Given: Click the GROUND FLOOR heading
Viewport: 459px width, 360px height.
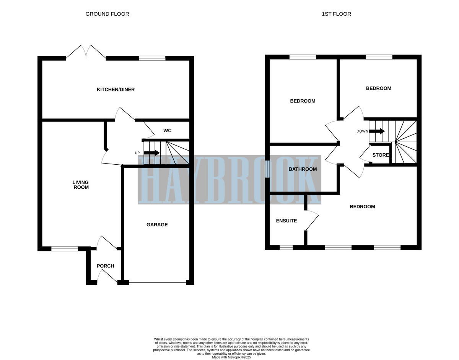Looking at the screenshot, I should (107, 14).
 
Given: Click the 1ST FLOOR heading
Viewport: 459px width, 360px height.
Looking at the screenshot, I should (336, 14).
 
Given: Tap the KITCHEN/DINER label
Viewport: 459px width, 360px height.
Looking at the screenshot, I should (116, 89).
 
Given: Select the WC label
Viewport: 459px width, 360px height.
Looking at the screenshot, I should (167, 131).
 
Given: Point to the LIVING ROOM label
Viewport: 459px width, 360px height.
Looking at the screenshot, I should (81, 185).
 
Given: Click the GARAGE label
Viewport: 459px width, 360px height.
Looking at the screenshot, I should (157, 225).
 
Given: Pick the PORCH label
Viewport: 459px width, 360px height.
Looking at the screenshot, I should (105, 266).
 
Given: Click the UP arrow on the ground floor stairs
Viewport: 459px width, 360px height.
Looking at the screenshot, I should (151, 153).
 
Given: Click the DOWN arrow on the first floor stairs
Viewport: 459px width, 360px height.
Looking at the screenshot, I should (377, 131).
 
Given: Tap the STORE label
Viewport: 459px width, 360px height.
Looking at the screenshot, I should (380, 155).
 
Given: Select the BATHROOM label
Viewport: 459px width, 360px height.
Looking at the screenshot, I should (303, 169).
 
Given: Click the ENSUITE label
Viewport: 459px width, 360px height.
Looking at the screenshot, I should (286, 221).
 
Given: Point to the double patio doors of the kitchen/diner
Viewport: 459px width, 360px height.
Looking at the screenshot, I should (86, 52).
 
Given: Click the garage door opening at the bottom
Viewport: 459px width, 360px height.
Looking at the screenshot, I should (158, 282).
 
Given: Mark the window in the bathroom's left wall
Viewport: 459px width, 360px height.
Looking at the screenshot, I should (268, 169).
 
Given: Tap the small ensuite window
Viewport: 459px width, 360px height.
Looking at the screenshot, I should (286, 248).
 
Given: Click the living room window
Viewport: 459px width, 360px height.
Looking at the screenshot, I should (65, 249).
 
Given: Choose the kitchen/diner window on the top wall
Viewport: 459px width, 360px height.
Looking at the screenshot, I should (152, 58).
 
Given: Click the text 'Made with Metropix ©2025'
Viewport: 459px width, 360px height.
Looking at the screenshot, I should (232, 357).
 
